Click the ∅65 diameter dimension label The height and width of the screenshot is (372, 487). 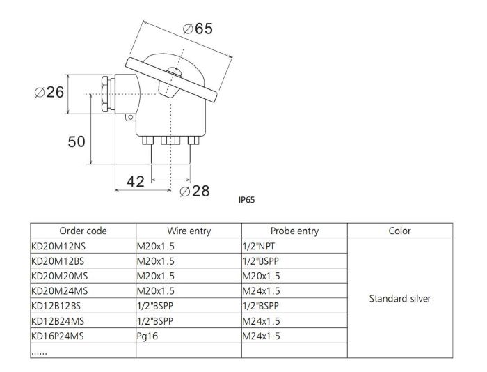click(197, 29)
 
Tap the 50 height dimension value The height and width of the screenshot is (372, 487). click(77, 141)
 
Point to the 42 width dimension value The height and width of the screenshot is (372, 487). click(135, 181)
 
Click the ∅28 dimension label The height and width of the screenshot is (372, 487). click(194, 191)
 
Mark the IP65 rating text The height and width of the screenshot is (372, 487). click(247, 200)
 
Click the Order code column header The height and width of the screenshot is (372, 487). click(83, 231)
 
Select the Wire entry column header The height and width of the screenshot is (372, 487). click(189, 231)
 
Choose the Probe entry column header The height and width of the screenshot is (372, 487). click(294, 231)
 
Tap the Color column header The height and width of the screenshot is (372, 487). click(400, 231)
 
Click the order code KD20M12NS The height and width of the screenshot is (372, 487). click(59, 246)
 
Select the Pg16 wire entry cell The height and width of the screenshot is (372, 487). click(149, 337)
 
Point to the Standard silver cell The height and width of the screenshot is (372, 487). click(400, 299)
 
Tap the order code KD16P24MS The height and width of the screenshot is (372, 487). click(59, 337)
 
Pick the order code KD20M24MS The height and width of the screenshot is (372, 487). click(60, 292)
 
